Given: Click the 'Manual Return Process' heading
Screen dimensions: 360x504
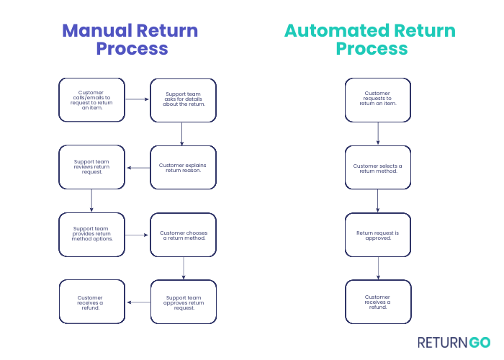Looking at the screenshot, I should click(x=130, y=40).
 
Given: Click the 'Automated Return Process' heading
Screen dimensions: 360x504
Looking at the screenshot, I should click(x=370, y=40).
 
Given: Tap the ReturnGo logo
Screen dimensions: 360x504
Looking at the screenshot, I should click(x=454, y=342).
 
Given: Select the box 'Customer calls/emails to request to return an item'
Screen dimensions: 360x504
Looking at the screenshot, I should click(x=91, y=99).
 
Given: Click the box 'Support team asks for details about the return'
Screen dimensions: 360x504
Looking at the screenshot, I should click(x=183, y=99).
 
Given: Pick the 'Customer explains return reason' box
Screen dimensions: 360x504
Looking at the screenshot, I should click(x=183, y=167).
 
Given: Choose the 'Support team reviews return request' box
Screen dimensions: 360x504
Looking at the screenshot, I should click(x=91, y=167).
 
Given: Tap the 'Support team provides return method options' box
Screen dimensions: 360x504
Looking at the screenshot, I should click(x=91, y=235).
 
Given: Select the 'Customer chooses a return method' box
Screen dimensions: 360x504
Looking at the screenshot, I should click(x=183, y=235).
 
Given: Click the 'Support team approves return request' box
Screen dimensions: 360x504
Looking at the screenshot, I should click(x=183, y=302).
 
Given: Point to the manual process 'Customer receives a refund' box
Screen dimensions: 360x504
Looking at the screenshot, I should click(x=91, y=302).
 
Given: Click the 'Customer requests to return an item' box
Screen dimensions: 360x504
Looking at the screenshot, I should click(x=378, y=99).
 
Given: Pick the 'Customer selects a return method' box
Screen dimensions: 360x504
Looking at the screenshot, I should click(x=378, y=167).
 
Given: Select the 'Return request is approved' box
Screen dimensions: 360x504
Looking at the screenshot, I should click(x=378, y=235).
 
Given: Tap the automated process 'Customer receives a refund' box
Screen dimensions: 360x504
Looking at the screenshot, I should click(x=378, y=302).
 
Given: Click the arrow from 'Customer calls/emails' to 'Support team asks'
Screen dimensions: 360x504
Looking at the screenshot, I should click(x=137, y=99).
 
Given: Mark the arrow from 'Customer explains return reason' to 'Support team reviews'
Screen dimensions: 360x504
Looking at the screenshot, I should click(x=138, y=168).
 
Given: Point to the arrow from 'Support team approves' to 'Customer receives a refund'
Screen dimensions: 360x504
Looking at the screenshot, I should click(x=138, y=302).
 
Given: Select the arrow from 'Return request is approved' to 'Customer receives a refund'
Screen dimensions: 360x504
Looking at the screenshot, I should click(x=378, y=269).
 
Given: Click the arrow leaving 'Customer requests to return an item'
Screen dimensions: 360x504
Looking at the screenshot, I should click(x=378, y=133).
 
